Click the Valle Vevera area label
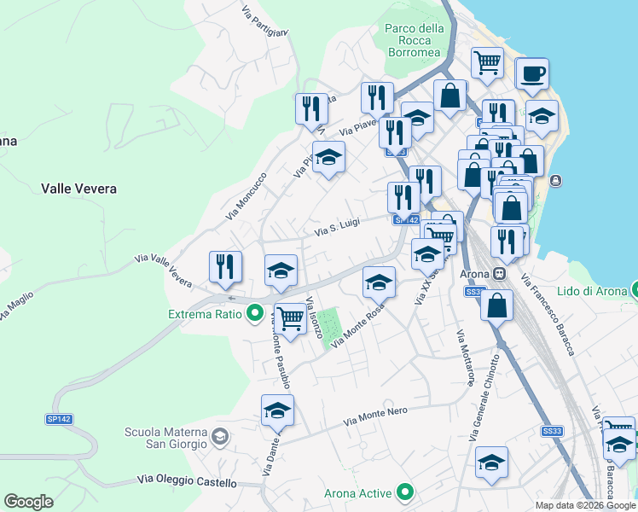(78, 189)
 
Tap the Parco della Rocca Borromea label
(415, 40)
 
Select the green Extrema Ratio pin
(254, 314)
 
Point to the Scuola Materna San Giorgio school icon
(220, 438)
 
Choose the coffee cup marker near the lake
(531, 74)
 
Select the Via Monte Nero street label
(377, 416)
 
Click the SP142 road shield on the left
(57, 420)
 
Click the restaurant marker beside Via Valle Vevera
(226, 267)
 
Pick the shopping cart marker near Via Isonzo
(290, 320)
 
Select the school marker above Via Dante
(277, 411)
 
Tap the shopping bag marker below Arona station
(496, 305)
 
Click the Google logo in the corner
(29, 502)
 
